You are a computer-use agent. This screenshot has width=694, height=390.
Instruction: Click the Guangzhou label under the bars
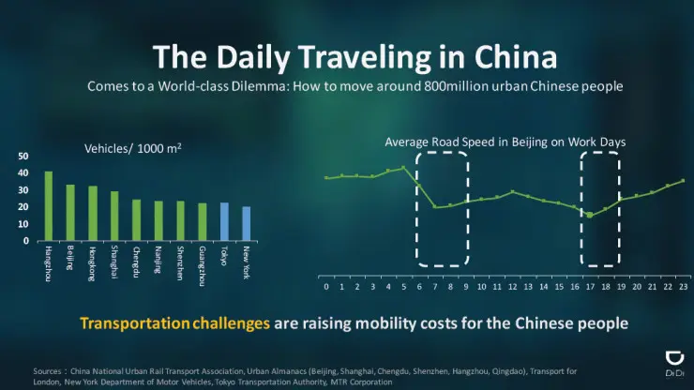202,260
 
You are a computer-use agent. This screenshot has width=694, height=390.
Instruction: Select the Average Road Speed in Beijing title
505,142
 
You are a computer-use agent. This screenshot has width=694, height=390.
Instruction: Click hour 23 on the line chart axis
683,286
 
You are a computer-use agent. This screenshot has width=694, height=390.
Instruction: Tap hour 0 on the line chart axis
325,286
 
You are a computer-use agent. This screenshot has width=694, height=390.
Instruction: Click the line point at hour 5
403,168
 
